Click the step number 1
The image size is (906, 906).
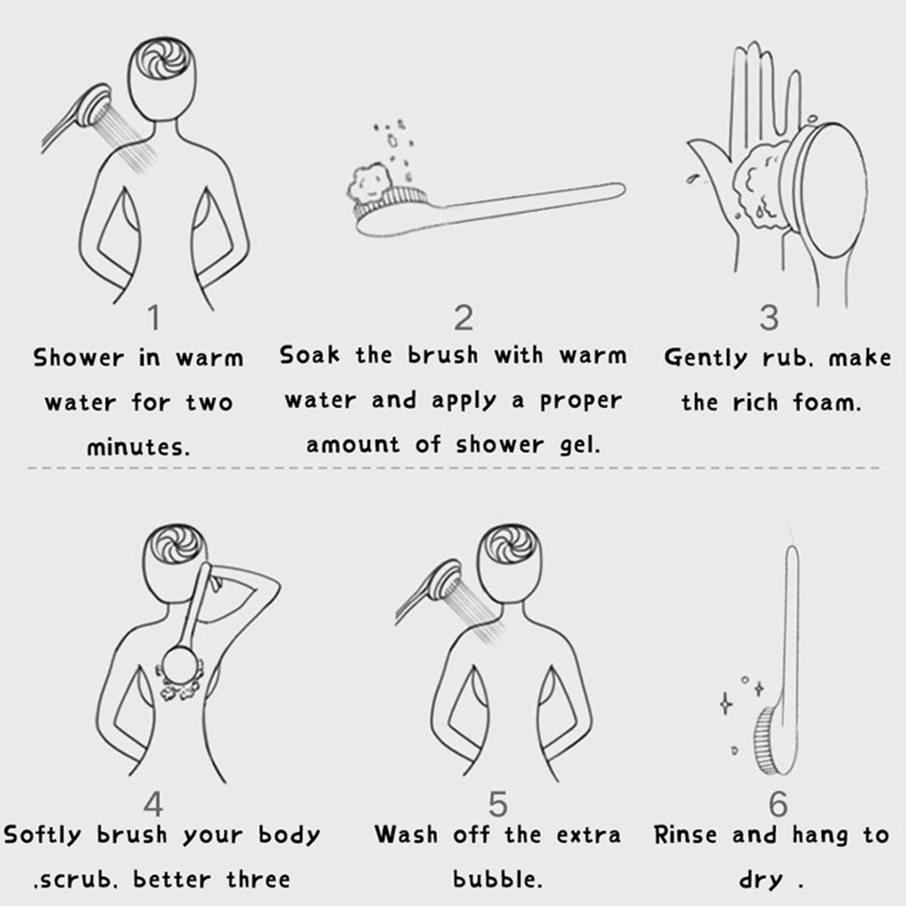154,318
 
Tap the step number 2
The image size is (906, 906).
464,318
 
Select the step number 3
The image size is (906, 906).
769,318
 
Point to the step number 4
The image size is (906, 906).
153,803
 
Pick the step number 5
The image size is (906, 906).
497,803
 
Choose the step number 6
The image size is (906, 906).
779,803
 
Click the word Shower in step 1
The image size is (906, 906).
79,358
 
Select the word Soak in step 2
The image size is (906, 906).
310,355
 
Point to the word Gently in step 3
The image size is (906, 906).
705,358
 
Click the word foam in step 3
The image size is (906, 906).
826,403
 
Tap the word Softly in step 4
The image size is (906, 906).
42,835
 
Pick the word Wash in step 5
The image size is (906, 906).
405,835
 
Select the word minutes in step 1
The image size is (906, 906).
137,447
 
